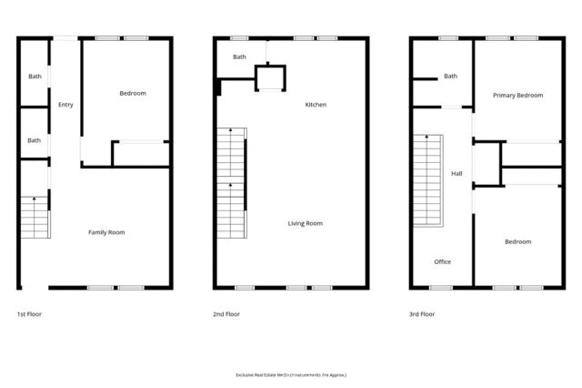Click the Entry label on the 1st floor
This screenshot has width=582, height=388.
65,105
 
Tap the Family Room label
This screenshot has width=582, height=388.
106,232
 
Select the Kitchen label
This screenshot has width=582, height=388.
316,105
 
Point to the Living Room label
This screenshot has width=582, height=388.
306,223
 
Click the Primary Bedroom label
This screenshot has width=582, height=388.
517,95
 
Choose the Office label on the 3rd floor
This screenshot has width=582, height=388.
442,262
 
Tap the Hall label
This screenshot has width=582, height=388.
457,173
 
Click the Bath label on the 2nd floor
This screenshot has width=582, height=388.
239,57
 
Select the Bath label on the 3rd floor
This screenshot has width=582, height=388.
450,76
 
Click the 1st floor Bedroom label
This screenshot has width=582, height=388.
133,93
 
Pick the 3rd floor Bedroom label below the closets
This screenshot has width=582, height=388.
517,241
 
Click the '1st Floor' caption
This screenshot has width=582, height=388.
29,314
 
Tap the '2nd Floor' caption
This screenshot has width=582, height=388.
226,314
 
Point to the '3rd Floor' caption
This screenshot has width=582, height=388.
422,314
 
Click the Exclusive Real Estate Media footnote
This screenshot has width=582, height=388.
291,374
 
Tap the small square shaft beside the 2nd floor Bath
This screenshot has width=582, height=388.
270,77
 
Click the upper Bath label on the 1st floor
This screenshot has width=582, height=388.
35,76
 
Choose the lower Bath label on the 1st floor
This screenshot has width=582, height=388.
35,140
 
